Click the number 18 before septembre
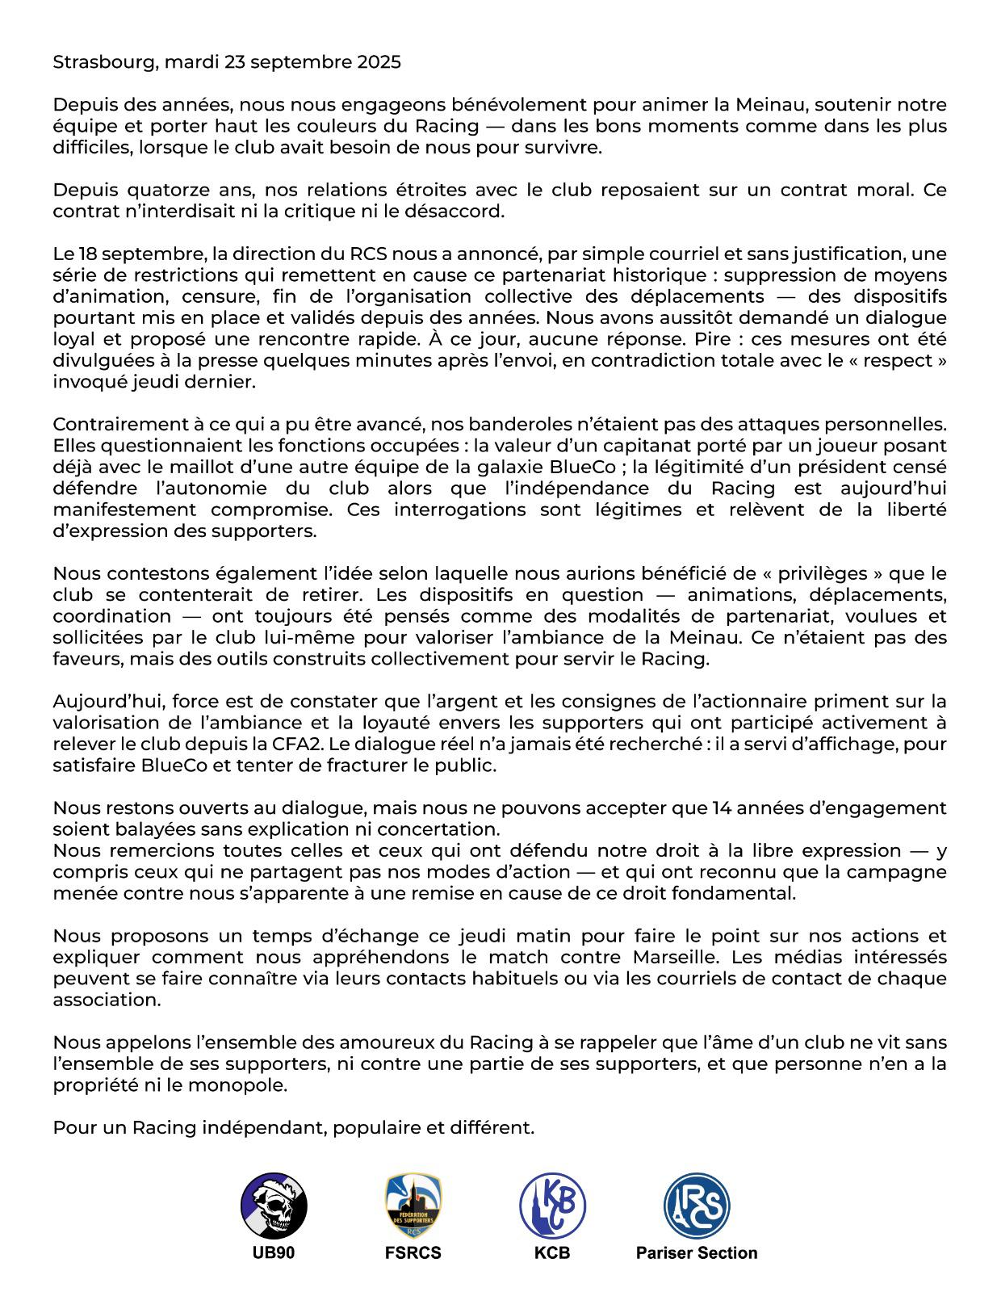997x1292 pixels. [x=89, y=254]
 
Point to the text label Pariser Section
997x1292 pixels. [x=697, y=1253]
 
